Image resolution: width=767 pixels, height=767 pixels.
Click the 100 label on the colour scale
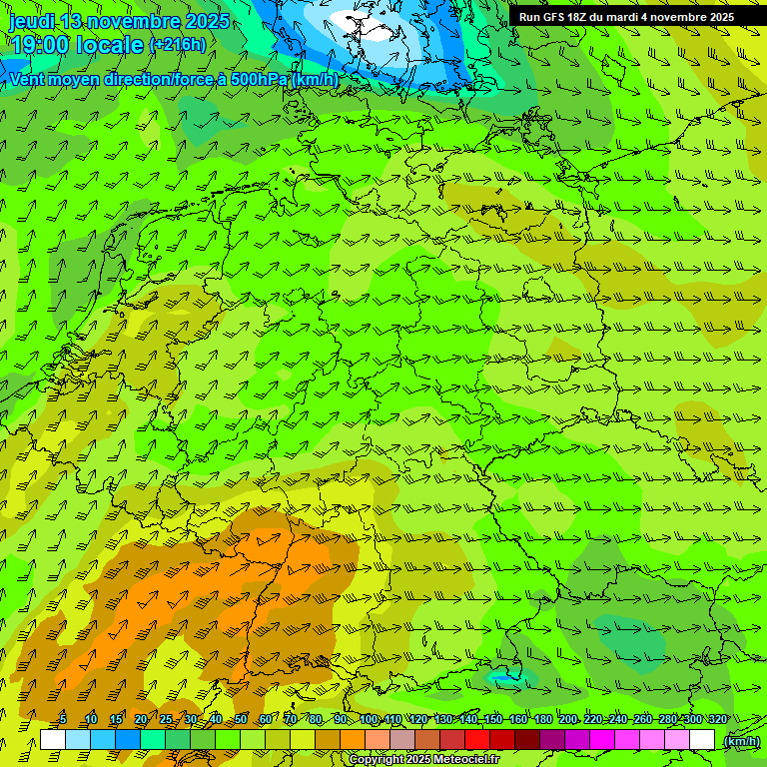[x=369, y=719]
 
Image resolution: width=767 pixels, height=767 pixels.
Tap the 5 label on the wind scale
[x=63, y=719]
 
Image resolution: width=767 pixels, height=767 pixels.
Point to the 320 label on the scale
[x=717, y=719]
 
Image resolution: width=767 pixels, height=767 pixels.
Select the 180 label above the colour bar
[x=542, y=719]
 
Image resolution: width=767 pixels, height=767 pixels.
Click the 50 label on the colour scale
[x=241, y=719]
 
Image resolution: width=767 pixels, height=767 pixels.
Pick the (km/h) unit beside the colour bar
[x=741, y=740]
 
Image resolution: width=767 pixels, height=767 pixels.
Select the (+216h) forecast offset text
[x=178, y=44]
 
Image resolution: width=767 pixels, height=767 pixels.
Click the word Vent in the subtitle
[x=29, y=79]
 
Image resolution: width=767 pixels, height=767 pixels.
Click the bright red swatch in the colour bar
[x=477, y=740]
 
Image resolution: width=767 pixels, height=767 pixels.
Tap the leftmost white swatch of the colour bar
[x=53, y=740]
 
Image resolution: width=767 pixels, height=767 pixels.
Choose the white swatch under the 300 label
[x=702, y=740]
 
